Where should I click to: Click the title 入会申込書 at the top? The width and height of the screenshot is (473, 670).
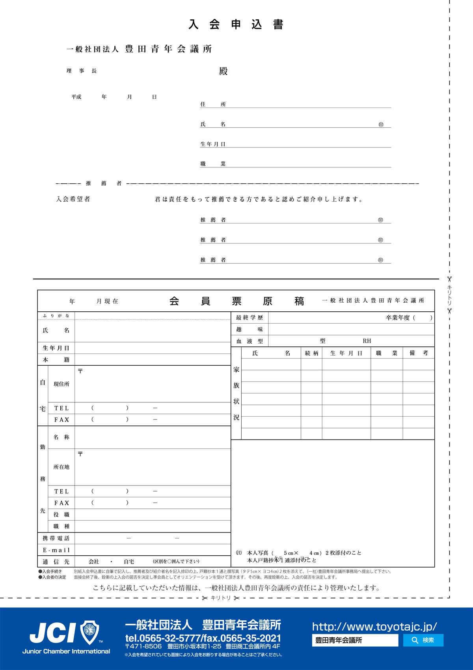pyautogui.click(x=236, y=25)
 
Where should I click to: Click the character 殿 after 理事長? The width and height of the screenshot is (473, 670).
pyautogui.click(x=223, y=71)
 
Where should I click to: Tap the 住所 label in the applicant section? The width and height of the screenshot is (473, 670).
pyautogui.click(x=213, y=104)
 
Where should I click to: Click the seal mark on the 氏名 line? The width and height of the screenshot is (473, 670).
pyautogui.click(x=381, y=125)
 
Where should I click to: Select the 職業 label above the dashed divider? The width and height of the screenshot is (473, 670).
pyautogui.click(x=213, y=164)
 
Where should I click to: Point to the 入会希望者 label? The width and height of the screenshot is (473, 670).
pyautogui.click(x=73, y=199)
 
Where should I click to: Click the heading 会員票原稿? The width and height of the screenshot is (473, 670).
pyautogui.click(x=236, y=301)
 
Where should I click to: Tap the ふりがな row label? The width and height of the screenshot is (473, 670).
pyautogui.click(x=56, y=316)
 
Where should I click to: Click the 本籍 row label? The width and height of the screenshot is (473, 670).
pyautogui.click(x=56, y=360)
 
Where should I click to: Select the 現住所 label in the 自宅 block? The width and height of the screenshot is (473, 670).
pyautogui.click(x=61, y=384)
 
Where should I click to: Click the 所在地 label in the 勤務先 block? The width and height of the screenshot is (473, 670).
pyautogui.click(x=61, y=467)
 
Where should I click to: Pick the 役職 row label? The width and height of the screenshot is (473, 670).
pyautogui.click(x=61, y=515)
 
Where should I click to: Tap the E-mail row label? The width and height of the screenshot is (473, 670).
pyautogui.click(x=56, y=550)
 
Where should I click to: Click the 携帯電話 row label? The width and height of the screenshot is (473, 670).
pyautogui.click(x=56, y=538)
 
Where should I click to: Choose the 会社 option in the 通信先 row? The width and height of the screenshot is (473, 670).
pyautogui.click(x=94, y=562)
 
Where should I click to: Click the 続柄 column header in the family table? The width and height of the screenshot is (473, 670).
pyautogui.click(x=311, y=354)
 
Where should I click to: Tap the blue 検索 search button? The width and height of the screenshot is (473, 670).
pyautogui.click(x=423, y=640)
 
